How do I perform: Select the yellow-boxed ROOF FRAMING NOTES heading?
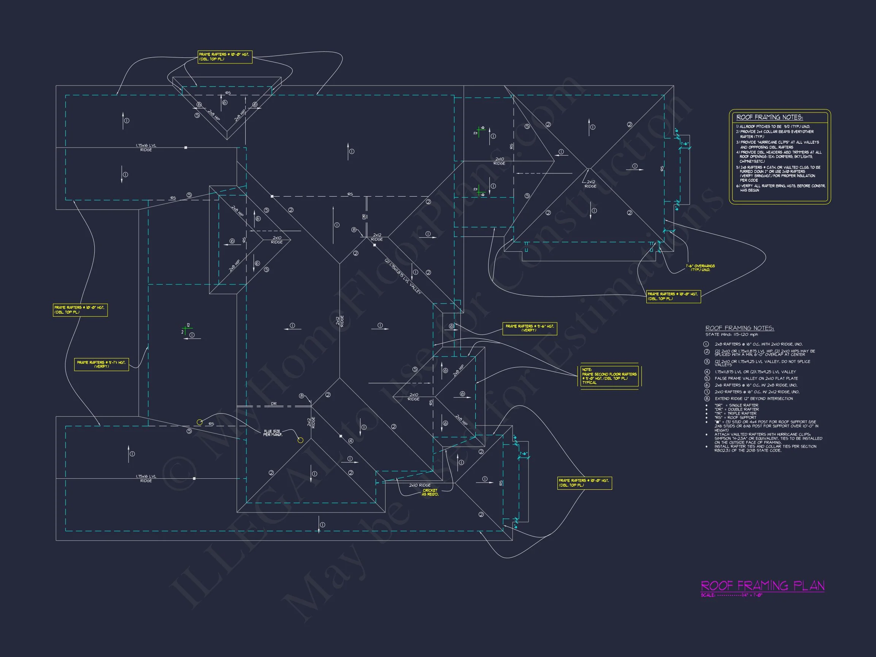click(769, 117)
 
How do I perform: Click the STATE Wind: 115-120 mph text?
click(732, 335)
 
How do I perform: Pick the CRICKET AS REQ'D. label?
click(430, 492)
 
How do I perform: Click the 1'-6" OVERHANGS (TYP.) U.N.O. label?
click(700, 268)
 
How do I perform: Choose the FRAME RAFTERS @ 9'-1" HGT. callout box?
click(102, 364)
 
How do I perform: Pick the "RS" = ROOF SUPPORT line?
click(735, 417)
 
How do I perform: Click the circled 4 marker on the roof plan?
click(351, 441)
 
